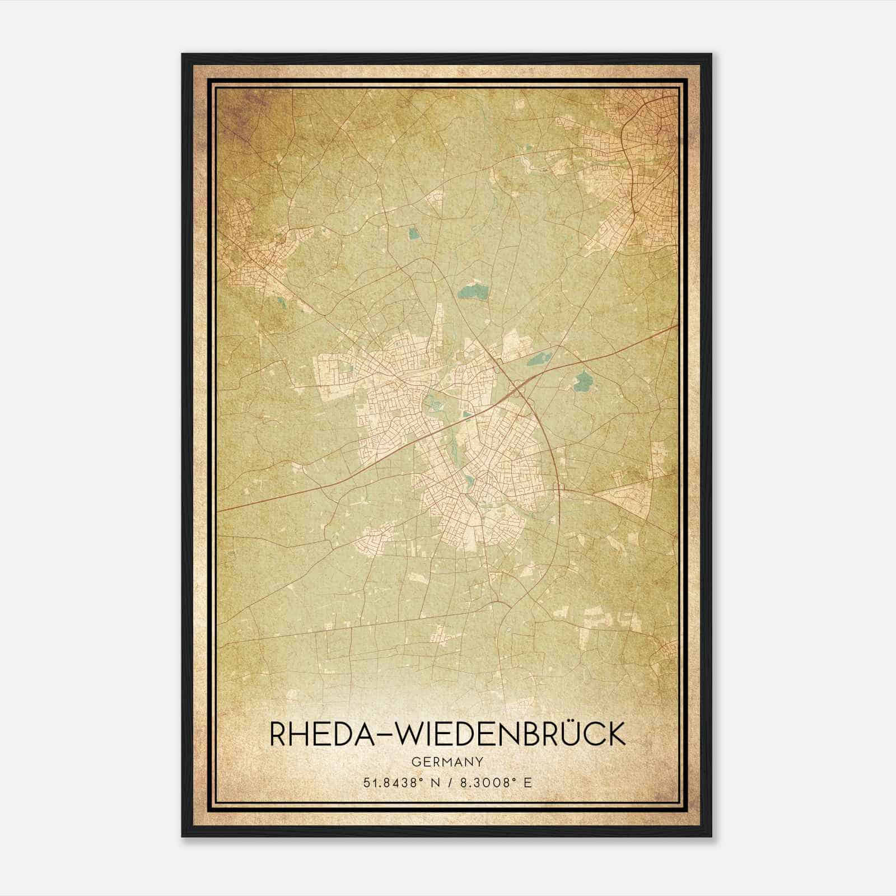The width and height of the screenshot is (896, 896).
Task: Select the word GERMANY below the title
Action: [x=447, y=762]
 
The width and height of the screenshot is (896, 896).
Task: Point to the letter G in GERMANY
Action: [x=415, y=762]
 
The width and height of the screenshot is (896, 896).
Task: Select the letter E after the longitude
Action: [x=527, y=782]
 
